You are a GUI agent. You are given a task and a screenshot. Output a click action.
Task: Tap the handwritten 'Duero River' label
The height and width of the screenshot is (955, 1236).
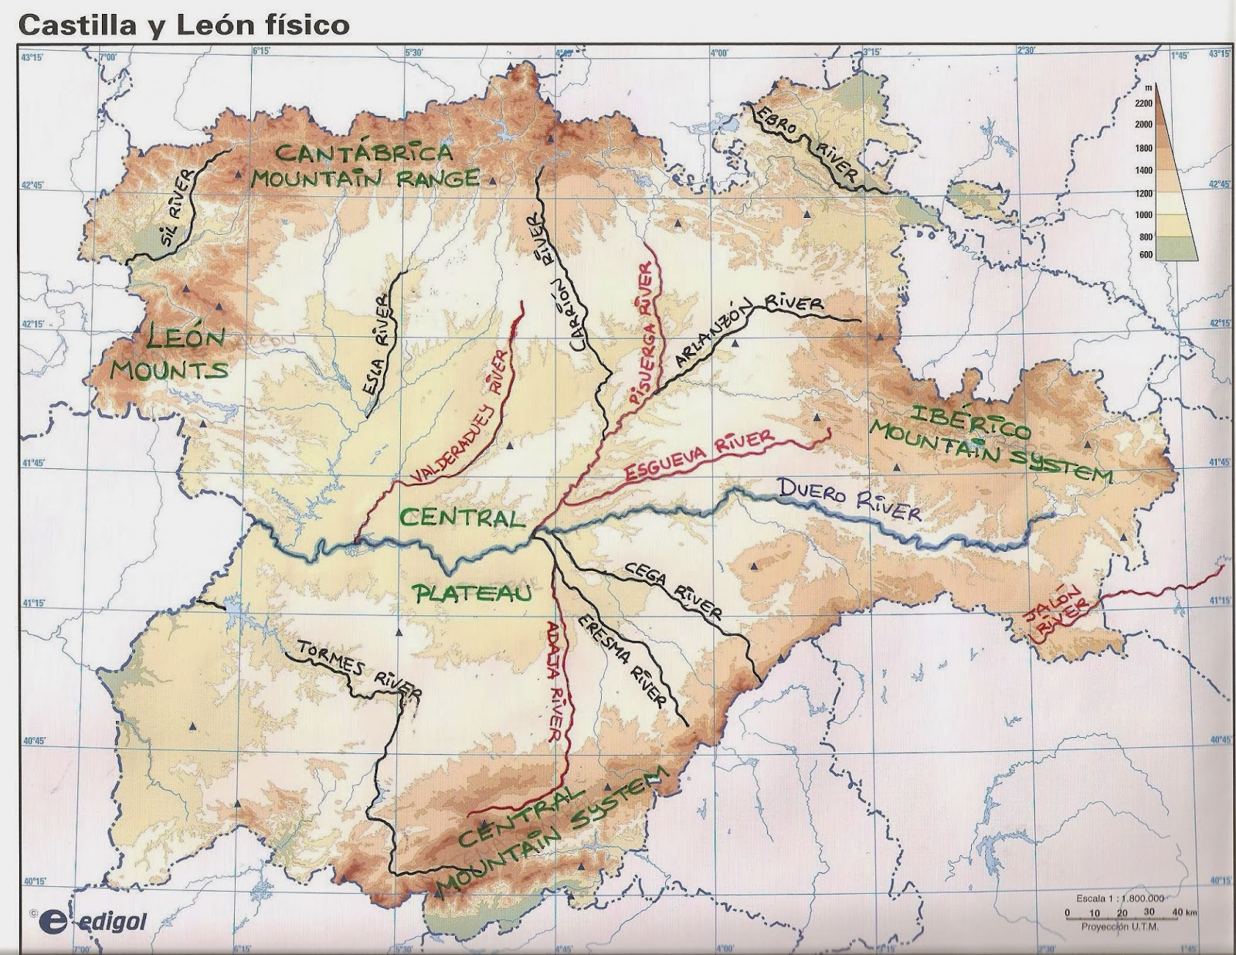tap(850, 500)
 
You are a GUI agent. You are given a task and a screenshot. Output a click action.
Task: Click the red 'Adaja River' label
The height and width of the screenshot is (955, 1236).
tap(555, 680)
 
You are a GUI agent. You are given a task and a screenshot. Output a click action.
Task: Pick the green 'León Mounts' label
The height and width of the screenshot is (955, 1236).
tap(170, 354)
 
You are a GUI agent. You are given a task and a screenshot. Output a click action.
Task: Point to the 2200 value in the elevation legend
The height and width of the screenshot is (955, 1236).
tap(1143, 103)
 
